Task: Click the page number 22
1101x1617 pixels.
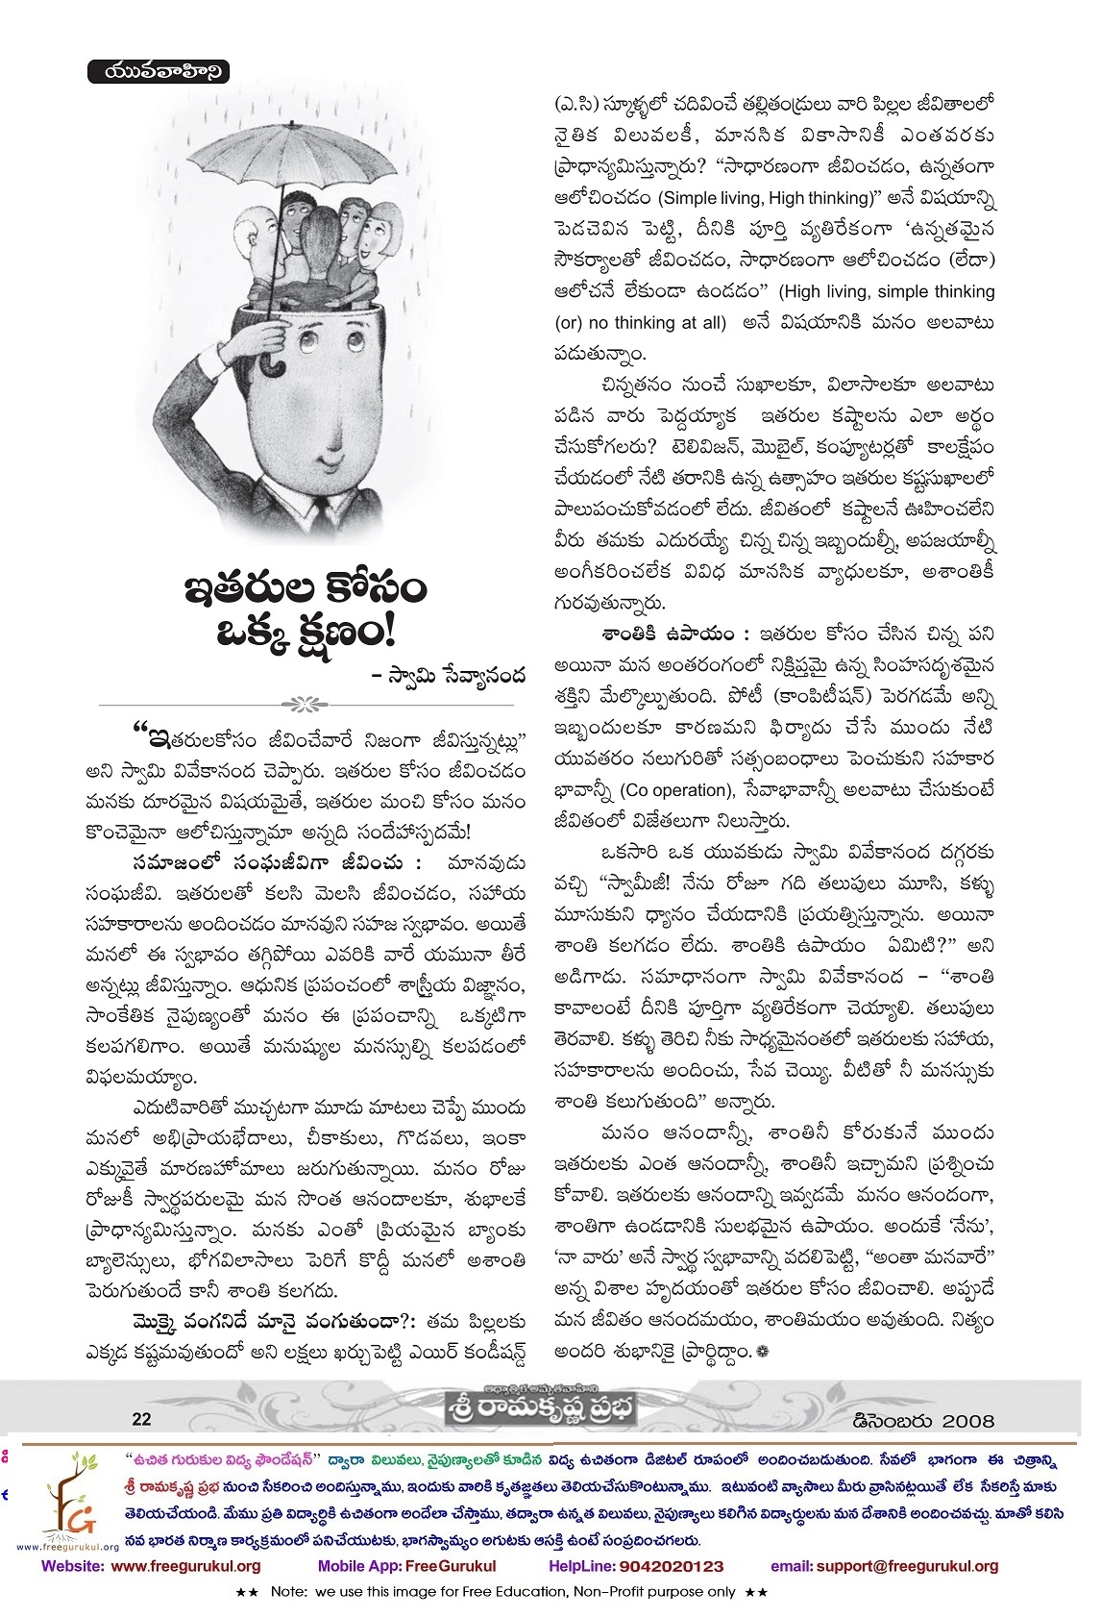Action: coord(141,1418)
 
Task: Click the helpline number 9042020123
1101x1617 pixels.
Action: coord(671,1565)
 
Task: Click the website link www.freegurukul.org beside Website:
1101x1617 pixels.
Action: coord(186,1565)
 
